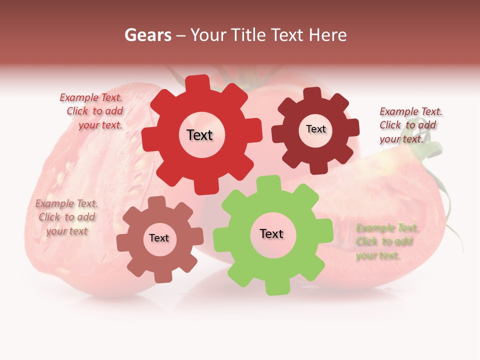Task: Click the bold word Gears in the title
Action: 147,35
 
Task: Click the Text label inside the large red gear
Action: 199,135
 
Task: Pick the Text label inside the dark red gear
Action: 315,129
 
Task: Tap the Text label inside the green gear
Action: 271,234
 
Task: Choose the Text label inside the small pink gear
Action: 159,238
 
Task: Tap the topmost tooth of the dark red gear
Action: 312,94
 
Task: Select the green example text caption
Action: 386,242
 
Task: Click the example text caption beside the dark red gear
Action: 410,125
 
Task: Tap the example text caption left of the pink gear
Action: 66,217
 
